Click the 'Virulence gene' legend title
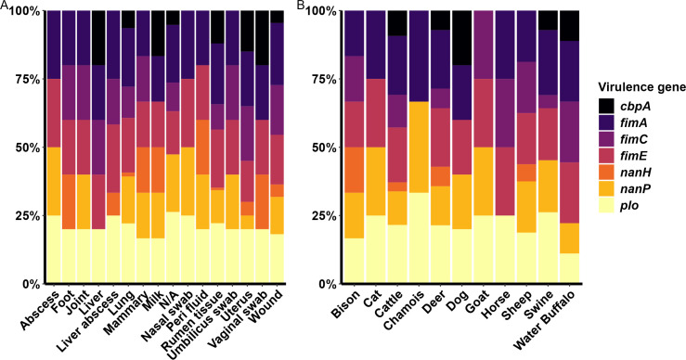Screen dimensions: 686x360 click(640, 87)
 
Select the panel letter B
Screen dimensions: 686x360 click(301, 6)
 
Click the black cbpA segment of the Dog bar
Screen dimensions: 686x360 click(462, 38)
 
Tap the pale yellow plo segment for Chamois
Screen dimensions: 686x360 click(420, 238)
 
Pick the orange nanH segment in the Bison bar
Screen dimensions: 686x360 click(355, 170)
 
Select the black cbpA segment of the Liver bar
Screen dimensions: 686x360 click(98, 38)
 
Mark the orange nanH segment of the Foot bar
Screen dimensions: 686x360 click(69, 201)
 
